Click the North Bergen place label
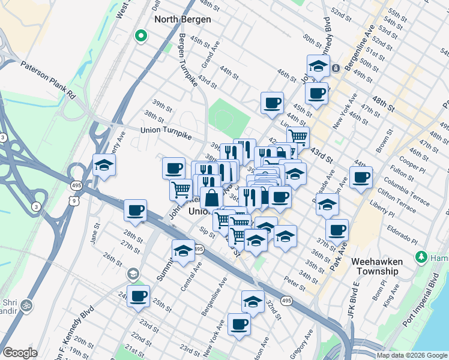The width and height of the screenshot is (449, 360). tap(183, 19)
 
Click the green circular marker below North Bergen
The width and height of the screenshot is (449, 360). tap(141, 37)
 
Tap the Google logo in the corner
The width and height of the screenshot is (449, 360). tap(20, 353)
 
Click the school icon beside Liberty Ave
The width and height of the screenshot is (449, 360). tap(103, 165)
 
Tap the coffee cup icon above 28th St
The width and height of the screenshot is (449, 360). tap(136, 211)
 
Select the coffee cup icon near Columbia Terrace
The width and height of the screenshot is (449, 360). tap(361, 178)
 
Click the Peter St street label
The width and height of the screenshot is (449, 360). tap(295, 282)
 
